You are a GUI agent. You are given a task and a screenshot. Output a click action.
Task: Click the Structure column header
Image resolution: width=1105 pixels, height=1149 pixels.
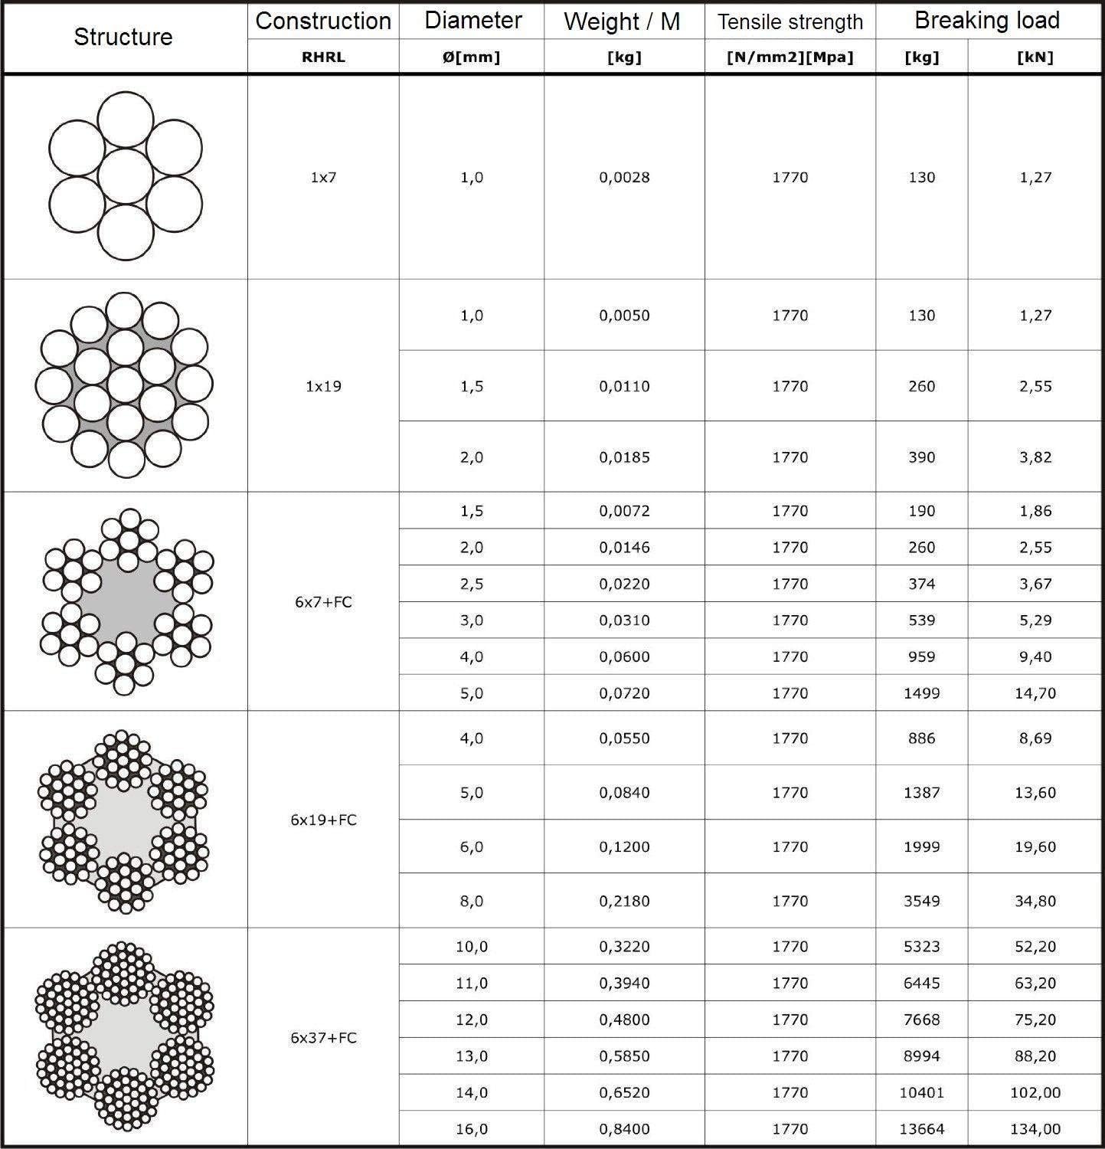point(123,37)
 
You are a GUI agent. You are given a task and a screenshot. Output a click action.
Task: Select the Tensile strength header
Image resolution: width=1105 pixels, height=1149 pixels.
point(790,21)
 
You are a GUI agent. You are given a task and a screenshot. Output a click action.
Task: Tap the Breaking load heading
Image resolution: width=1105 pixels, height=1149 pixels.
point(987,20)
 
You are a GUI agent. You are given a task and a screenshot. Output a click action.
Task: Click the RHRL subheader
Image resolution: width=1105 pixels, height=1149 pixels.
point(323,57)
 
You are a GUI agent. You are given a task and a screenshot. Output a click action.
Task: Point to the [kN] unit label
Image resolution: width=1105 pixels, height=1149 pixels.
point(1035,57)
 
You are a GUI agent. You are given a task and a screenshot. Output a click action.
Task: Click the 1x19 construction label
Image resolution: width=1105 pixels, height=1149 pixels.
point(323,386)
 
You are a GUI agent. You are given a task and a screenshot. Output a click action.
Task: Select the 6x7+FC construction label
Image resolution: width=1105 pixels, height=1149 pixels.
point(323,602)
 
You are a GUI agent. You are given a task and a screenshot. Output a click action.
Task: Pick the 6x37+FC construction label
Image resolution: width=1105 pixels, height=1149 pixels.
point(323,1038)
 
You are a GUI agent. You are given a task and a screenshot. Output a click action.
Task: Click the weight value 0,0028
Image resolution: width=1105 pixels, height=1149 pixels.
point(624,177)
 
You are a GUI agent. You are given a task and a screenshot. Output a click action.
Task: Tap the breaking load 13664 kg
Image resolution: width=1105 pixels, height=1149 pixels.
point(921,1129)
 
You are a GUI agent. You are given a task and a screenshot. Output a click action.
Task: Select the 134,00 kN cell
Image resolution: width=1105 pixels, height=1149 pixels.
point(1035,1129)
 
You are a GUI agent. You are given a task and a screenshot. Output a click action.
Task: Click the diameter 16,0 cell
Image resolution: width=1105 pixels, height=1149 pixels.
point(472,1129)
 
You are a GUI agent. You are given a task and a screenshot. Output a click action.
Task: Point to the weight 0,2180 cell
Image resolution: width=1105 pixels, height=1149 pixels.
point(624,901)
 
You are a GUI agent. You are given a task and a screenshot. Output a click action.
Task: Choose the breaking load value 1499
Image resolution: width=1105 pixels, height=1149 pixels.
point(921,693)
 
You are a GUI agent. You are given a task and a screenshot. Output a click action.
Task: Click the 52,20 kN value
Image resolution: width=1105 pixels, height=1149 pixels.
point(1035,947)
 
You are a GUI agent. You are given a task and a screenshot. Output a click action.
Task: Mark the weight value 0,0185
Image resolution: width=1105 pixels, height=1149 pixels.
point(624,457)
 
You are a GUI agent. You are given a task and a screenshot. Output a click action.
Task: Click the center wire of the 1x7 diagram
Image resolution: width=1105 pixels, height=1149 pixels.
point(126,176)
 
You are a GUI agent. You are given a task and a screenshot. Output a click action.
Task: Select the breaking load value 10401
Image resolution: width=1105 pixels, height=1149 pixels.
point(921,1092)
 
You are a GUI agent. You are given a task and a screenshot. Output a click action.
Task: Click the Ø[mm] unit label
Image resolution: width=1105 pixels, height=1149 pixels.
point(471,57)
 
